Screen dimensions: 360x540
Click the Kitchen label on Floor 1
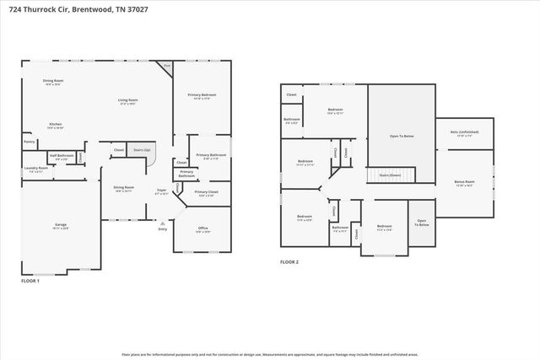coord(55,123)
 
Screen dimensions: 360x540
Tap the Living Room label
coord(127,100)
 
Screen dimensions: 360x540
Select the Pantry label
coord(30,142)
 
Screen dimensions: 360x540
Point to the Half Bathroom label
coord(59,156)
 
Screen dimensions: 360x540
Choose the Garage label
coord(61,225)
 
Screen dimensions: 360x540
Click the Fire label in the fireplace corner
coord(167,65)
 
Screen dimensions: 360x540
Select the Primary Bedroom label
coord(201,96)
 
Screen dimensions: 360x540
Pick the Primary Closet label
coord(206,193)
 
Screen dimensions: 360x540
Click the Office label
coord(202,228)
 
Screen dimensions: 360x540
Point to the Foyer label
coord(161,191)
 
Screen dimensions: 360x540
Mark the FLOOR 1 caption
coord(30,279)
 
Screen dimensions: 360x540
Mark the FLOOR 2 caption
coord(289,262)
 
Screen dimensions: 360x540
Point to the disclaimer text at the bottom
coord(270,355)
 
